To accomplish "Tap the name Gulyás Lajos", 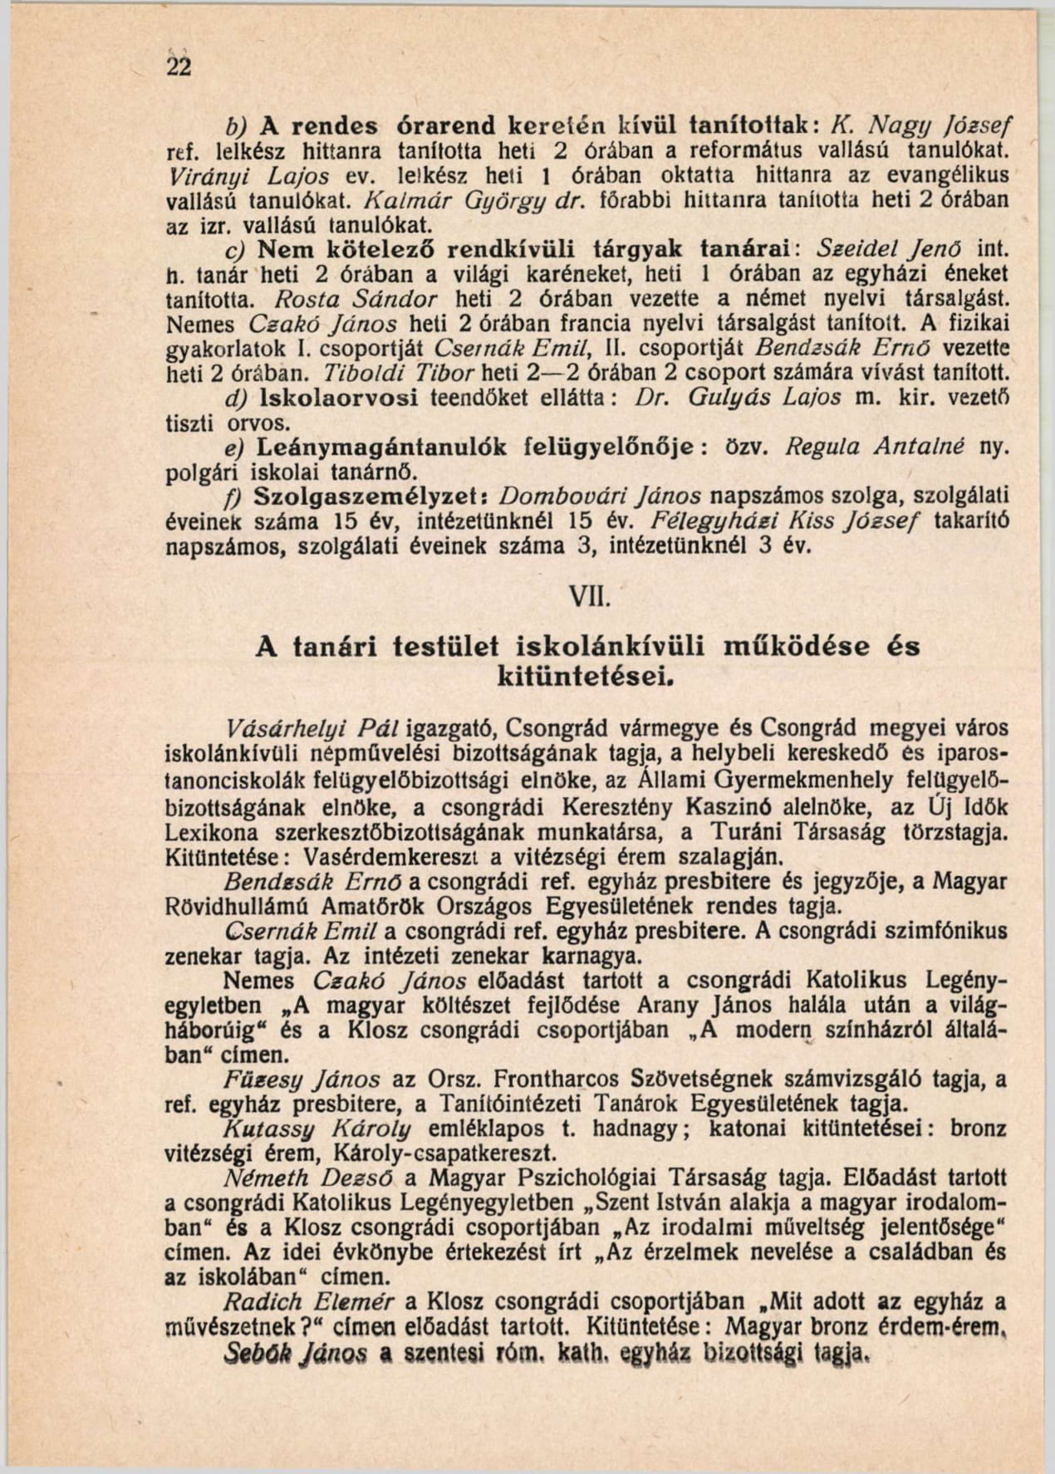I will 772,398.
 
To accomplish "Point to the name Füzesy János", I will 302,1080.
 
